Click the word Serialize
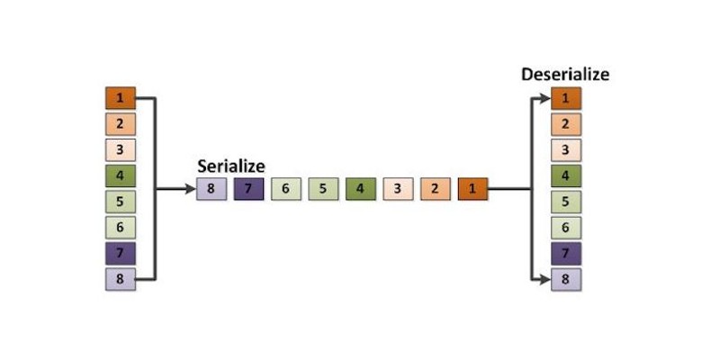pos(231,166)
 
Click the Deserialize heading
pos(565,75)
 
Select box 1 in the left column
pos(121,98)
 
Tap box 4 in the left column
pos(121,175)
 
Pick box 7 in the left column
pos(121,254)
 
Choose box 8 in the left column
pos(121,279)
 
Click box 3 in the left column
pos(121,150)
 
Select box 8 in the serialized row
pos(211,189)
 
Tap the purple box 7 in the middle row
pos(249,189)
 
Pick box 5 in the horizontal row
pos(323,189)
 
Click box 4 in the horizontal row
pos(361,189)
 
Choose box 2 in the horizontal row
pos(436,189)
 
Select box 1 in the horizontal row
pos(473,189)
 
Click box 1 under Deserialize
pos(566,98)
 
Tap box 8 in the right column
pos(566,279)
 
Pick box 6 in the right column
pos(566,228)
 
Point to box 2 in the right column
pos(566,124)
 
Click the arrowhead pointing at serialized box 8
pos(191,189)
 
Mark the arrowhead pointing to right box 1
pos(545,98)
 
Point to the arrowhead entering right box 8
pos(545,279)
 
